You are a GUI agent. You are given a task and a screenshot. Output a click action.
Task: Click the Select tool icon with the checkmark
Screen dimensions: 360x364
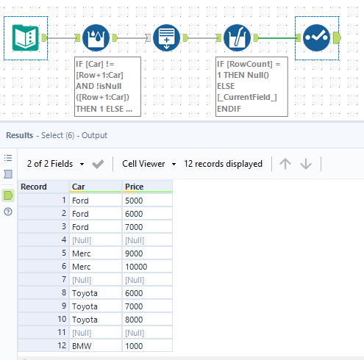(x=315, y=37)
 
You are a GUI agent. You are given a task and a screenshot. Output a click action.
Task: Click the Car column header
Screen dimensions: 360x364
(x=95, y=187)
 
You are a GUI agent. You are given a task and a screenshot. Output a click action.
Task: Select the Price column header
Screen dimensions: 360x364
(x=146, y=187)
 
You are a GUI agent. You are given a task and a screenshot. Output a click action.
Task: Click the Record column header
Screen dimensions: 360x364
(x=43, y=187)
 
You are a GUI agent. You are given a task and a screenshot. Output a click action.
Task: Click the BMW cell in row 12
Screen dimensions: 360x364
(x=95, y=345)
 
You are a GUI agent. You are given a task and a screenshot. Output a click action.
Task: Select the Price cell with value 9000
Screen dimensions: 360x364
(x=146, y=253)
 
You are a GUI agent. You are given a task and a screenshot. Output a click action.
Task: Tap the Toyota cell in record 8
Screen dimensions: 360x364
(x=95, y=292)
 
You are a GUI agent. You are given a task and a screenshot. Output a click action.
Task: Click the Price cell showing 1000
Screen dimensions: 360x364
(x=146, y=345)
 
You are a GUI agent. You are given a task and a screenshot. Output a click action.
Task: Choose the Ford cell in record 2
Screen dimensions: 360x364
(x=95, y=213)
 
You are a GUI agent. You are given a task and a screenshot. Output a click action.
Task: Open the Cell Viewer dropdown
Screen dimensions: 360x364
(x=149, y=164)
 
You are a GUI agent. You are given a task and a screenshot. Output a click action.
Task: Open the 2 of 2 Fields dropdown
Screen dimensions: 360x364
(x=55, y=164)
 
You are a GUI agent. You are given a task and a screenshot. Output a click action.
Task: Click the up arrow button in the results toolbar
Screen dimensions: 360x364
(x=285, y=164)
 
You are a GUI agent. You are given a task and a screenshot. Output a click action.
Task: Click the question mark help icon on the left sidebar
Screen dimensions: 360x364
(x=8, y=212)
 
